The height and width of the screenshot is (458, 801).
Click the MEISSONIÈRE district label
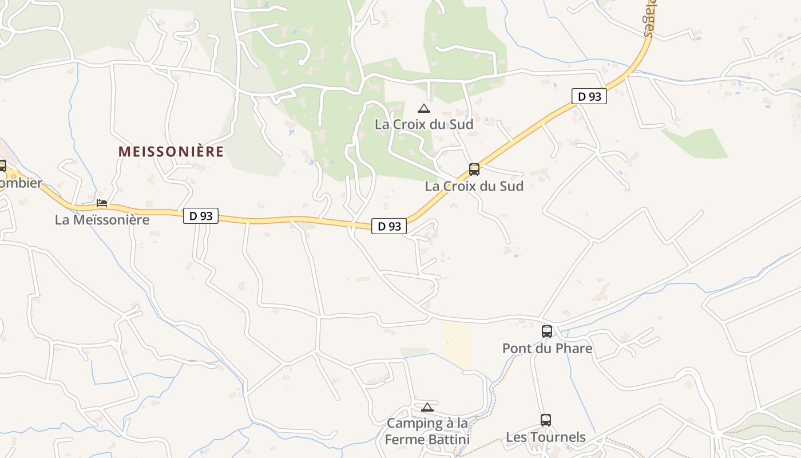coord(170,152)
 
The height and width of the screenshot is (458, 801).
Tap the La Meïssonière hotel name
coord(102,219)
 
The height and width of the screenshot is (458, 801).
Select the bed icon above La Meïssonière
coord(102,203)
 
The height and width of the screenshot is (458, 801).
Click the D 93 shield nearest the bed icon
coord(200,216)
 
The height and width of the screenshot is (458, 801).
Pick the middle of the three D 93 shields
coord(389,226)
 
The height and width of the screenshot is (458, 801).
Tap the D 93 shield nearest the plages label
coord(589,96)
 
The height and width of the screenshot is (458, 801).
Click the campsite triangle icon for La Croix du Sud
coord(423,108)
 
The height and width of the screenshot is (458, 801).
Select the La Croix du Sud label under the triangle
coord(423,124)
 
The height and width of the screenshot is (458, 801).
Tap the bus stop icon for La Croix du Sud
coord(474,169)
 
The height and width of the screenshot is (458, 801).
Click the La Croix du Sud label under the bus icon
coord(474,186)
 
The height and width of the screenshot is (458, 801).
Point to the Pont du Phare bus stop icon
coord(546,331)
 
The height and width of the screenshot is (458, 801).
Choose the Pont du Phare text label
coord(546,348)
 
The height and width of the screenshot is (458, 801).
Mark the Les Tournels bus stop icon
coord(545,420)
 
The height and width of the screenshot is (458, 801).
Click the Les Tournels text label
coord(545,437)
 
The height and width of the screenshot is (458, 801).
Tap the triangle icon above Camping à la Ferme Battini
coord(427,407)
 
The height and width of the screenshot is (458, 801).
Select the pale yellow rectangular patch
coord(457,344)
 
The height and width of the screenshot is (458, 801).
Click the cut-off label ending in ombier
coord(21,183)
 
